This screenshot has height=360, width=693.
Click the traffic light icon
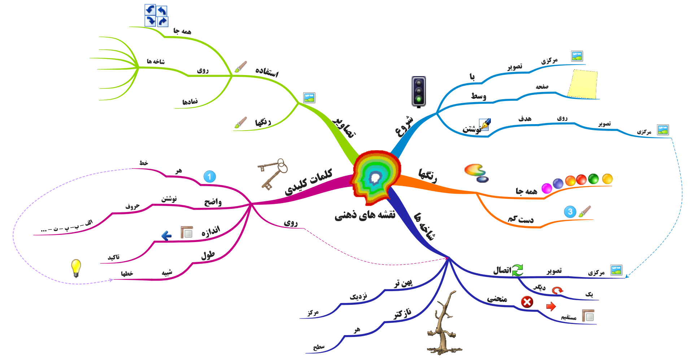pos(419,91)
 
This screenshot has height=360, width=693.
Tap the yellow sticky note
pos(582,84)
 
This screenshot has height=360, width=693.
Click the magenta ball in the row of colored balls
pos(546,188)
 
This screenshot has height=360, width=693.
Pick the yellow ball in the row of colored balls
pos(607,179)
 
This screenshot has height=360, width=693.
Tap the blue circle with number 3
pos(570,212)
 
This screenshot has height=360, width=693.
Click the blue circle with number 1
pos(210,177)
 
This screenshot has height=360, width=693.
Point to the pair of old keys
pos(273,173)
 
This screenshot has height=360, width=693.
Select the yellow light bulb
pos(76,268)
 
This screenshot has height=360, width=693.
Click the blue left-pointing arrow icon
pos(166,236)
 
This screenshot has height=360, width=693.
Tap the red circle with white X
pos(527,302)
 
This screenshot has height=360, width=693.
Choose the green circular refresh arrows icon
pos(518,270)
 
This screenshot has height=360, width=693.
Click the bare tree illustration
pos(443,325)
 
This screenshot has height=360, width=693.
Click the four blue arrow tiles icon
pos(156,16)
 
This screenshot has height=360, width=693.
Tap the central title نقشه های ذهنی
pos(365,215)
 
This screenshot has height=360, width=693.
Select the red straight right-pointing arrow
pos(551,306)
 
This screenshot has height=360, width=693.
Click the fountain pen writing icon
pos(485,124)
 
